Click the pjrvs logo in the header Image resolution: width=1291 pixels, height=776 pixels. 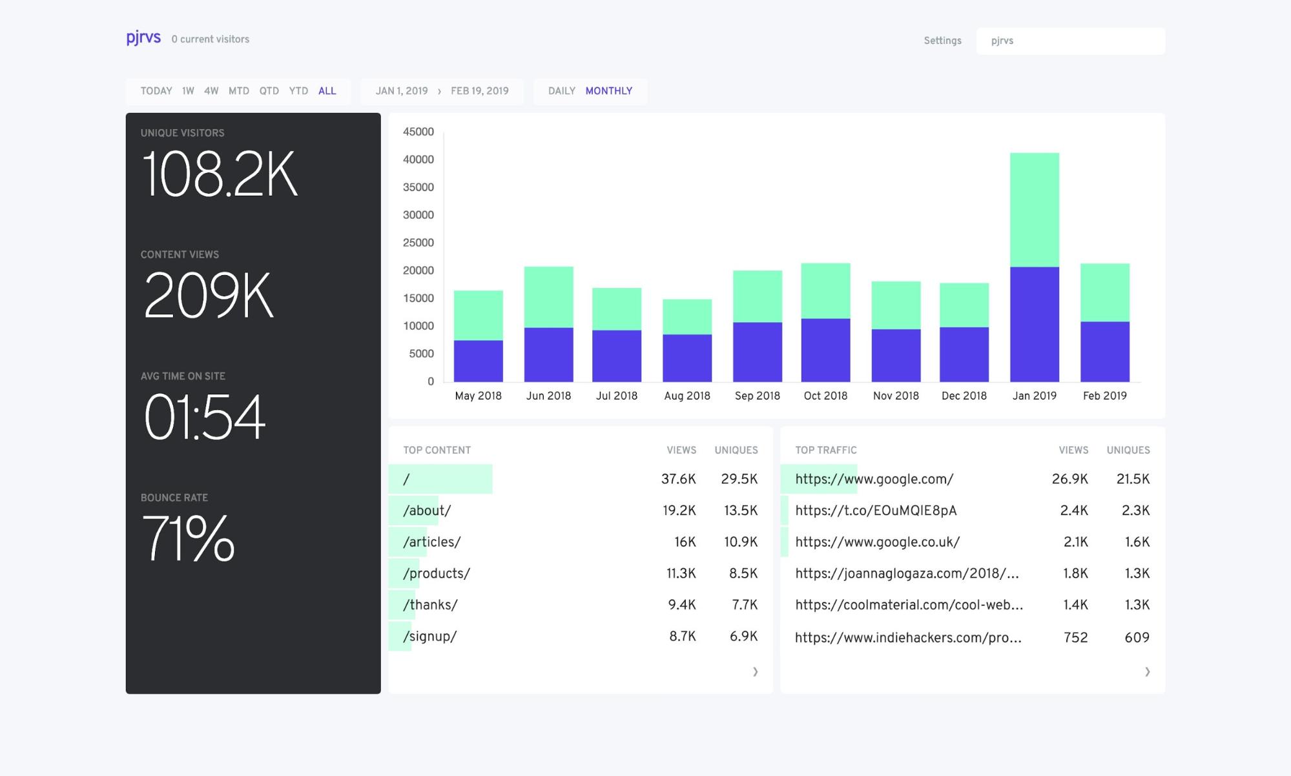click(143, 38)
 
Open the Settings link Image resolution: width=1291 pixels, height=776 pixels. click(942, 41)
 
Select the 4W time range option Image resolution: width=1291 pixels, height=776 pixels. click(211, 91)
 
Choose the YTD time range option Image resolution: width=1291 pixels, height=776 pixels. click(298, 91)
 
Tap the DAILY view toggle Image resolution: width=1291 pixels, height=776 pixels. click(561, 91)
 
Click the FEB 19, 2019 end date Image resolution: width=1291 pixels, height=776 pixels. click(479, 91)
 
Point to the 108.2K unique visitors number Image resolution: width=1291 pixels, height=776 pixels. click(220, 174)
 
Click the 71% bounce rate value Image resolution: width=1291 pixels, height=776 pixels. click(188, 538)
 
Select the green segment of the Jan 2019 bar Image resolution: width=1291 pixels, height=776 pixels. click(1034, 210)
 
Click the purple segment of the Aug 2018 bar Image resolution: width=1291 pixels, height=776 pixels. click(687, 358)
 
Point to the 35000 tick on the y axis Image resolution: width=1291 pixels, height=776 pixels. click(418, 187)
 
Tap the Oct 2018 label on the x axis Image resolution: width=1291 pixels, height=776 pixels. click(825, 396)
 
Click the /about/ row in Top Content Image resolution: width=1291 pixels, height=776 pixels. click(427, 511)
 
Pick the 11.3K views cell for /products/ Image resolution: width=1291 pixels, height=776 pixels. click(681, 573)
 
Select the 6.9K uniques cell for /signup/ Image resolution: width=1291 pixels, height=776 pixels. click(743, 637)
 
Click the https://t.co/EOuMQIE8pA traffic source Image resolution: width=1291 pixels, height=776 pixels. click(875, 511)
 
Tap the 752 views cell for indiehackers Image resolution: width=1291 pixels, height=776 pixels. click(1075, 638)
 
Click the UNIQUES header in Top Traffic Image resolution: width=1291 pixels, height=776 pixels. click(1128, 450)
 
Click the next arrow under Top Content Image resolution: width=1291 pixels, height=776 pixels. click(755, 672)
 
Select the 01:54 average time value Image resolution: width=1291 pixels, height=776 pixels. click(204, 418)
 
